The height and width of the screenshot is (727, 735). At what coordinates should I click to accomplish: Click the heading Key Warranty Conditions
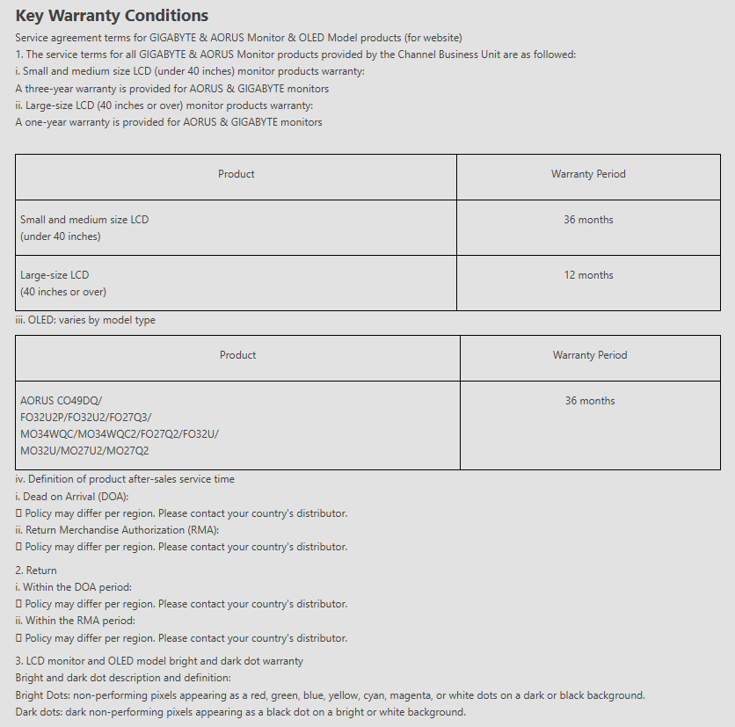point(112,16)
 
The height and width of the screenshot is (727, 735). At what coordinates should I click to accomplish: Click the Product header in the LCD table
point(236,174)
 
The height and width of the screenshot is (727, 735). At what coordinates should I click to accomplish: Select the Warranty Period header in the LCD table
point(588,174)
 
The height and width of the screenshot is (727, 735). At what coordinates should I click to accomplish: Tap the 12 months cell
point(588,275)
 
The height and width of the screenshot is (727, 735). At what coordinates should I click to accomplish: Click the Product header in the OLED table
point(237,355)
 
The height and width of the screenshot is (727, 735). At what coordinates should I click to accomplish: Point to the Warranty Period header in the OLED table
point(590,355)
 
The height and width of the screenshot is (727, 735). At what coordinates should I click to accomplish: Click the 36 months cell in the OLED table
point(590,401)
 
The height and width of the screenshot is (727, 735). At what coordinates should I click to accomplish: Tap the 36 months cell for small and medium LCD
point(588,220)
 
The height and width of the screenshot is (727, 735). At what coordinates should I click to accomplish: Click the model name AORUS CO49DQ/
point(61,401)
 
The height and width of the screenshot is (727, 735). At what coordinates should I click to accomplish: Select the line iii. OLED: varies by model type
point(85,320)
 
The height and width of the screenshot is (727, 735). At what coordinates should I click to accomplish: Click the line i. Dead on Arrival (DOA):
point(72,497)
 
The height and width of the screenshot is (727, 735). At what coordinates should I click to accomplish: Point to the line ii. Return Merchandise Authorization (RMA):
point(117,530)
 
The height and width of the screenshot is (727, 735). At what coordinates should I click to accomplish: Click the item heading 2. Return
point(36,571)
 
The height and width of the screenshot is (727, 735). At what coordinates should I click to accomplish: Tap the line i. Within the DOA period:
point(73,587)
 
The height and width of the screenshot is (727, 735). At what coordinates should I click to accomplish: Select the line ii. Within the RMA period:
point(75,621)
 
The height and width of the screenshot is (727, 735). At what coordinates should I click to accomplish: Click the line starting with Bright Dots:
point(330,695)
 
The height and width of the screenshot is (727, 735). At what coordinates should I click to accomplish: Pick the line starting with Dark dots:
point(240,712)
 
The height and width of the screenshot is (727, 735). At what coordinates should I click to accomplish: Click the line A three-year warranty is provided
point(171,89)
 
